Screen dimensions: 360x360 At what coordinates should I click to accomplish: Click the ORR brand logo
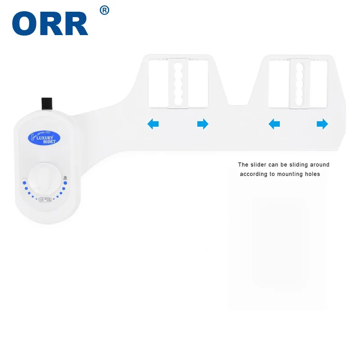tap(50, 24)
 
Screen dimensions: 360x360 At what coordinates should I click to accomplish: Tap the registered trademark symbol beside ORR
tap(104, 10)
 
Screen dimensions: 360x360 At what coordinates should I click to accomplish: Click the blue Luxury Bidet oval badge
tap(41, 137)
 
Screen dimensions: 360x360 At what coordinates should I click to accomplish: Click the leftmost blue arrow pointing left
tap(153, 124)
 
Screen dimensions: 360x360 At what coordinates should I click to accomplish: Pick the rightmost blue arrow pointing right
tap(322, 124)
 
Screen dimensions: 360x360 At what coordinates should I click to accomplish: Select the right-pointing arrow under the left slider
tap(203, 124)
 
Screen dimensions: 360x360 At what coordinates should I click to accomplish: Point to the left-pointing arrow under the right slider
tap(274, 124)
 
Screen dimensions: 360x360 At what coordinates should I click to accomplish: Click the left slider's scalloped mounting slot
tap(178, 83)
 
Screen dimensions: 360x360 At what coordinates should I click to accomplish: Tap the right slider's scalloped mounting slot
tap(299, 84)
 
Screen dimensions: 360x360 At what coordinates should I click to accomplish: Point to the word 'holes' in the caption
tap(312, 174)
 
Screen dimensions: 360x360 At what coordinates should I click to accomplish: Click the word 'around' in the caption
tap(319, 165)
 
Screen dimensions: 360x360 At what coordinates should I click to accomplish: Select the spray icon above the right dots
tap(65, 177)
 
